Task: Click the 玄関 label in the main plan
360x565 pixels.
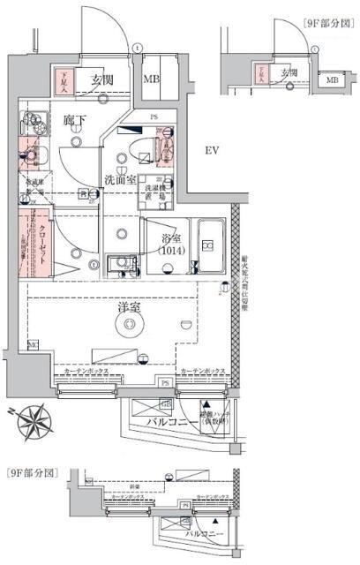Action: pyautogui.click(x=102, y=81)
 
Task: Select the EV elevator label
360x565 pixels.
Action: pyautogui.click(x=212, y=151)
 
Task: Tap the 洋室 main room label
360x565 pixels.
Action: pyautogui.click(x=129, y=307)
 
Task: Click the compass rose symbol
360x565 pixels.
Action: pyautogui.click(x=37, y=418)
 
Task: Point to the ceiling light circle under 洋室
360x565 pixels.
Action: pyautogui.click(x=131, y=327)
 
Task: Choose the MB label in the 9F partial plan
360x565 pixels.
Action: pyautogui.click(x=332, y=81)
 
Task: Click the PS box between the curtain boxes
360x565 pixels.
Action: pyautogui.click(x=165, y=381)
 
